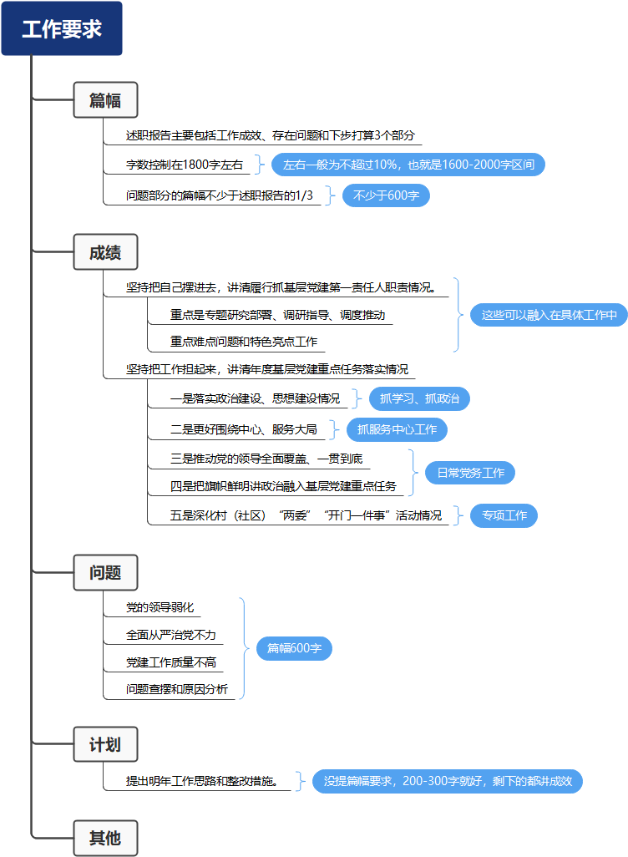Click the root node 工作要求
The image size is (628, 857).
pyautogui.click(x=62, y=29)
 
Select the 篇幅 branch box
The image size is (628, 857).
pyautogui.click(x=105, y=100)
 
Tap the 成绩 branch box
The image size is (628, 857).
pyautogui.click(x=105, y=253)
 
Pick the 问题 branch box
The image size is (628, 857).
pyautogui.click(x=105, y=573)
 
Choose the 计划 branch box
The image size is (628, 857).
pyautogui.click(x=105, y=744)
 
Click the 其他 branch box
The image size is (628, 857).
pyautogui.click(x=105, y=837)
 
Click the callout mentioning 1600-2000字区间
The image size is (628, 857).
pyautogui.click(x=408, y=165)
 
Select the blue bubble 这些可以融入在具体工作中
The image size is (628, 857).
pyautogui.click(x=549, y=315)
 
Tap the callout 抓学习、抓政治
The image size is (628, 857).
pyautogui.click(x=419, y=398)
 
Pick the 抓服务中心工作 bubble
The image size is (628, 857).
pyautogui.click(x=397, y=430)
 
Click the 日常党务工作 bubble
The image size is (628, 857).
pyautogui.click(x=470, y=473)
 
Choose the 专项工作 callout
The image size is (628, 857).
pyautogui.click(x=504, y=515)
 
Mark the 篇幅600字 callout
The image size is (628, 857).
pyautogui.click(x=294, y=648)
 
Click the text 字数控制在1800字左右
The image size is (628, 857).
pyautogui.click(x=185, y=165)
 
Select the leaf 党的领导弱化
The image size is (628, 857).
pyautogui.click(x=160, y=607)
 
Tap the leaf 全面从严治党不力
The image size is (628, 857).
pyautogui.click(x=171, y=635)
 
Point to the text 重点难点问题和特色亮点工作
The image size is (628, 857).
pyautogui.click(x=244, y=342)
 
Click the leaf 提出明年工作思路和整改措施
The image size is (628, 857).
pyautogui.click(x=201, y=782)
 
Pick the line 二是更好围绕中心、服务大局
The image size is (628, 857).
pyautogui.click(x=244, y=430)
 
